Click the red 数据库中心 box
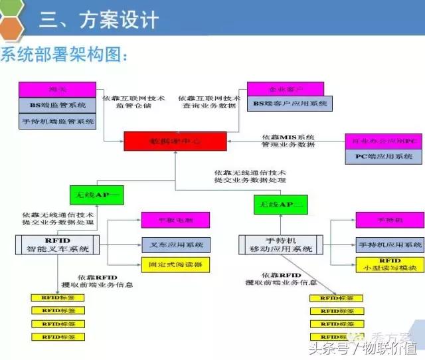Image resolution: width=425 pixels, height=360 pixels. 175,141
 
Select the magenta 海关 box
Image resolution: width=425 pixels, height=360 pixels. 58,88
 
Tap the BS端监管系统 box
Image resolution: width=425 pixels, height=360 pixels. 58,105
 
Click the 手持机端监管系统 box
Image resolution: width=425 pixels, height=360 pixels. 58,122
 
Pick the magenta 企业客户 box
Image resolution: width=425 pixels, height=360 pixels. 286,88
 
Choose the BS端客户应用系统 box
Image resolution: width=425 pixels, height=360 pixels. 290,104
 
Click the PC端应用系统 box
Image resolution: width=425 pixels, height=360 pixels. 384,157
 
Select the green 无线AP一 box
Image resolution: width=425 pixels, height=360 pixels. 97,195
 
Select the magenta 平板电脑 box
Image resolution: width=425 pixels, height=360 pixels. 175,220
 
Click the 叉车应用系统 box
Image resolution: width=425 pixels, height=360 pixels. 175,244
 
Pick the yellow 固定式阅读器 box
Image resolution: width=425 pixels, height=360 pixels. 175,263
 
